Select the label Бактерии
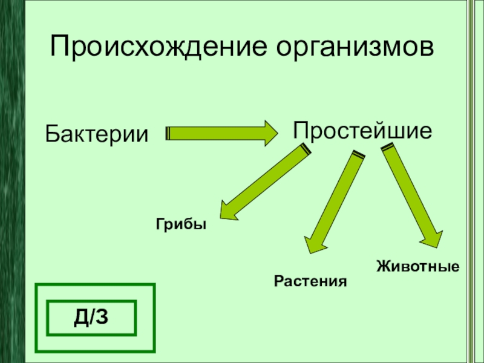(x=97, y=132)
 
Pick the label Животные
(x=417, y=266)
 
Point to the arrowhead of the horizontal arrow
(x=273, y=133)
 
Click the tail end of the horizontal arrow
(x=168, y=133)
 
